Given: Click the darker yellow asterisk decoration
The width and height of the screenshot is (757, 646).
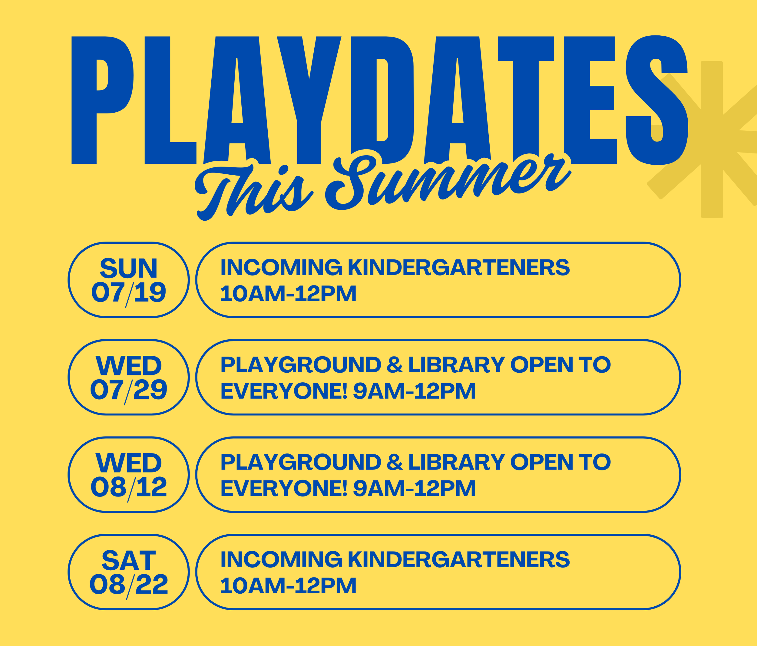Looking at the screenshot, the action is click(712, 140).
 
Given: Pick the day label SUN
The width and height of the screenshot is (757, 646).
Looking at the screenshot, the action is click(129, 269).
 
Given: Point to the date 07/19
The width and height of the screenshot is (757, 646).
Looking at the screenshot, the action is click(129, 293).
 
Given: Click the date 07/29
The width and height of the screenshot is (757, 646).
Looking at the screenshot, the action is click(129, 390).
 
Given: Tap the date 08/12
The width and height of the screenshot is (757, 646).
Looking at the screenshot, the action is click(129, 487).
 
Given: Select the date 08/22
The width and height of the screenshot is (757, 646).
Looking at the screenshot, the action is click(129, 585).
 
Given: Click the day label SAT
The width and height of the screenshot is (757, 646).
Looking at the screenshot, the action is click(129, 561).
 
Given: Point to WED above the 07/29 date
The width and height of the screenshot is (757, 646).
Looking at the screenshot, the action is click(129, 366).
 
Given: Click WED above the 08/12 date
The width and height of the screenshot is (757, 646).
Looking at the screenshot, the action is click(129, 463).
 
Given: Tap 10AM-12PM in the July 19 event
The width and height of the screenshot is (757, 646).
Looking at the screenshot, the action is click(288, 294).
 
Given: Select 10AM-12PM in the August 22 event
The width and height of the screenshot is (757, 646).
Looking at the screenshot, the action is click(288, 586).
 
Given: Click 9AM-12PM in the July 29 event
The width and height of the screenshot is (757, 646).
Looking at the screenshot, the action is click(414, 391).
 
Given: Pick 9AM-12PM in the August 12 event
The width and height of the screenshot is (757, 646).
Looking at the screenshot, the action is click(414, 489).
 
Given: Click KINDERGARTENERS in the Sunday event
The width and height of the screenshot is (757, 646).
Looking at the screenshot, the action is click(458, 267).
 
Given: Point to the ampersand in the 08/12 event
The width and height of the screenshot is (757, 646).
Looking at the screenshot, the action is click(395, 462).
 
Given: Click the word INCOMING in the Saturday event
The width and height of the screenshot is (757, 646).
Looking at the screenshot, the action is click(281, 559).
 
